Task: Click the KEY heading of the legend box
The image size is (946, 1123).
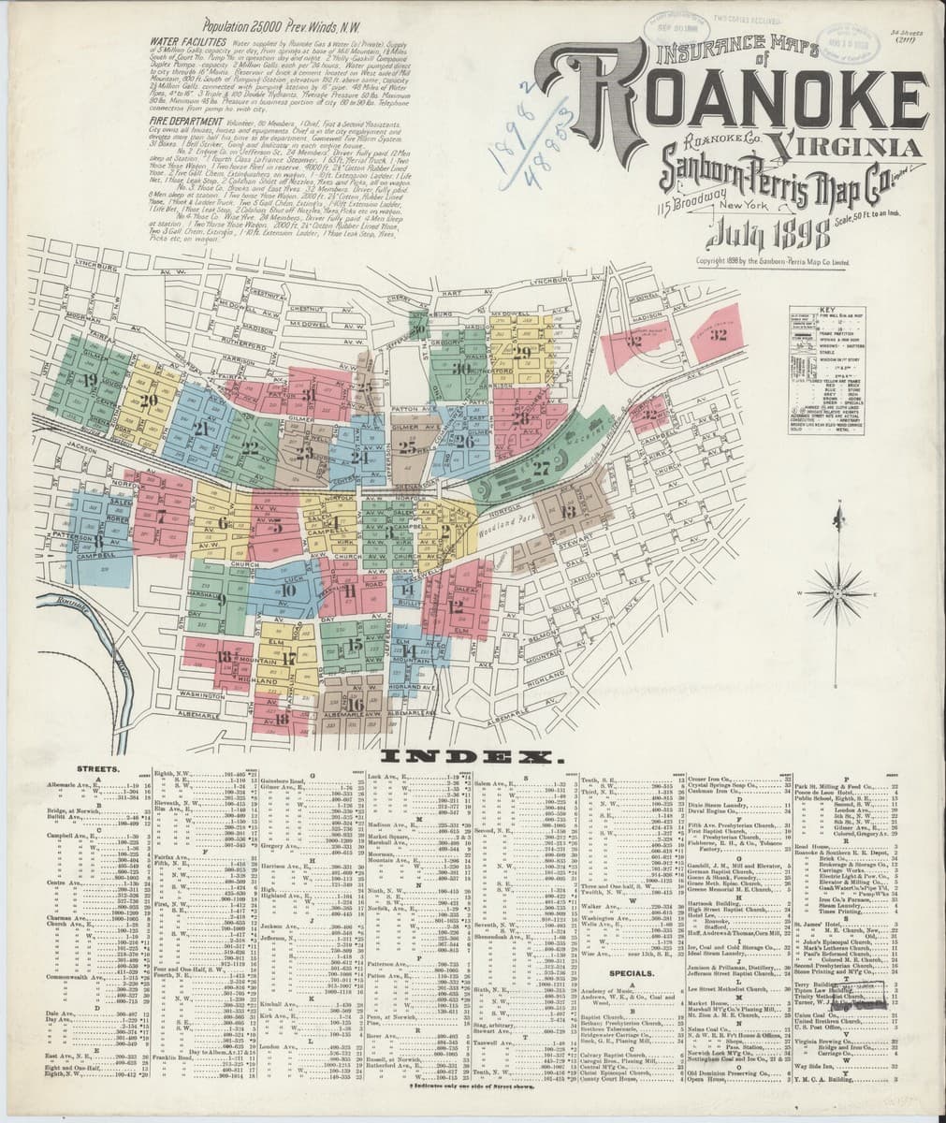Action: pyautogui.click(x=826, y=310)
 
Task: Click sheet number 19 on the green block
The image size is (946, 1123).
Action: pyautogui.click(x=90, y=380)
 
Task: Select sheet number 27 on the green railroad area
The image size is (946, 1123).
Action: pyautogui.click(x=541, y=469)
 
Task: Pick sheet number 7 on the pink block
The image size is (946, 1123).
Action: pyautogui.click(x=161, y=516)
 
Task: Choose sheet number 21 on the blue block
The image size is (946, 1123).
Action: pyautogui.click(x=201, y=429)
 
